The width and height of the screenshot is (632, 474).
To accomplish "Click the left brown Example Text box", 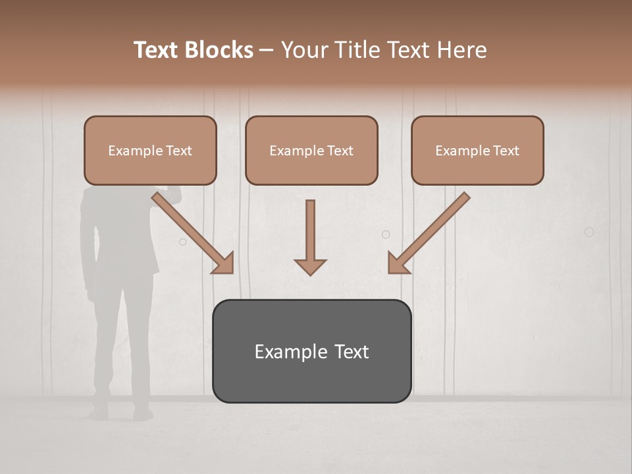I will [150, 150].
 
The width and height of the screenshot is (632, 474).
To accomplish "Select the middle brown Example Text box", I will [311, 150].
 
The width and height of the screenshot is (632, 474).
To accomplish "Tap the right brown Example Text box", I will [477, 150].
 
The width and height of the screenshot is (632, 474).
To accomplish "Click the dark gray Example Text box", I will [311, 351].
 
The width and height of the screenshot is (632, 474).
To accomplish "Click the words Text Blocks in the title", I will [194, 50].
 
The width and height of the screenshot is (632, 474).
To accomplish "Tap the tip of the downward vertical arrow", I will [310, 273].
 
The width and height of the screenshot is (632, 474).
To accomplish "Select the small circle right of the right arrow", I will [589, 232].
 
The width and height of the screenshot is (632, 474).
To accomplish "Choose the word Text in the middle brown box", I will [340, 150].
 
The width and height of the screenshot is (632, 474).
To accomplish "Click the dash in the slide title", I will [267, 50].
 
